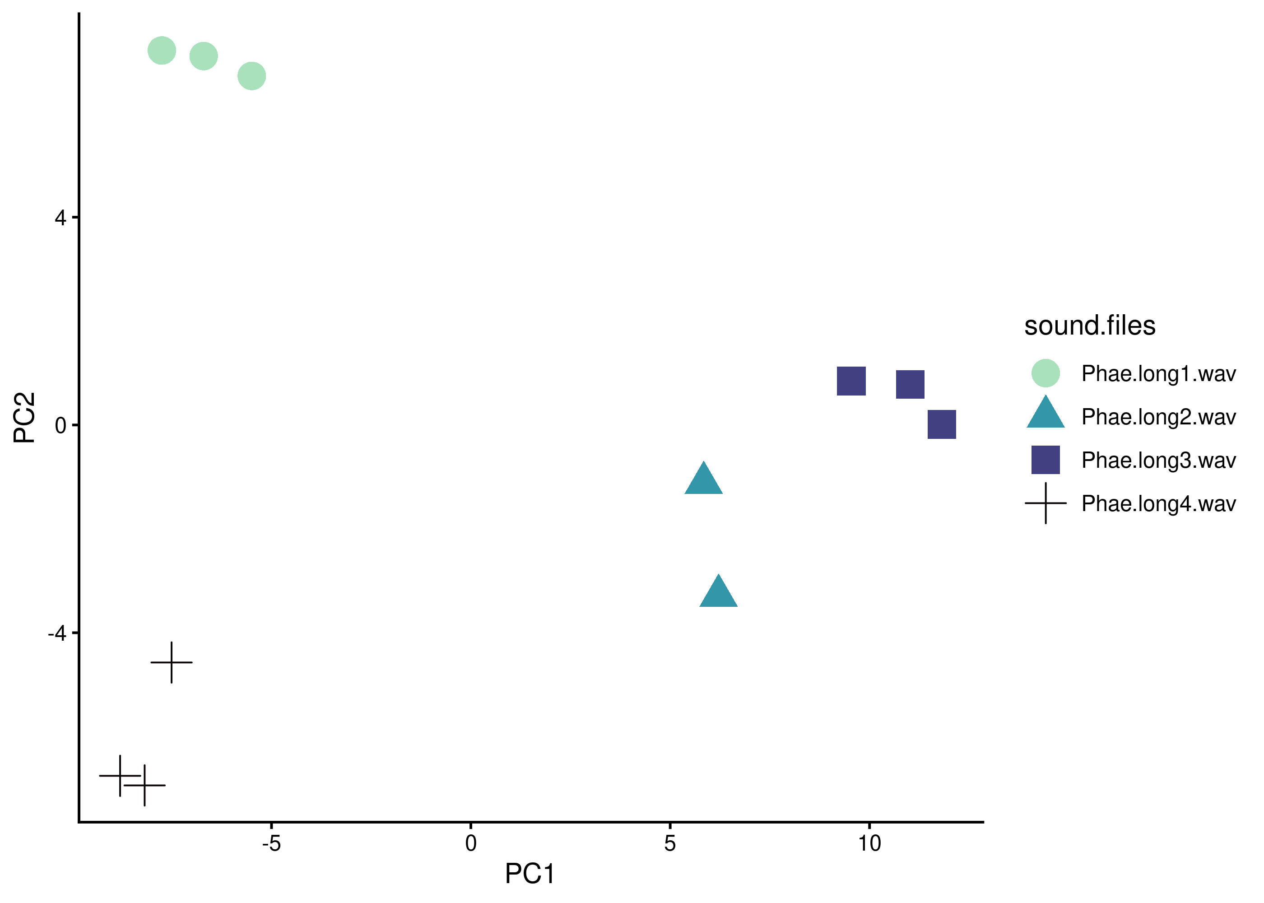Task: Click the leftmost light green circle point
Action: (x=162, y=51)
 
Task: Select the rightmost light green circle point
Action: (x=252, y=75)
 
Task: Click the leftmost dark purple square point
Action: (x=851, y=381)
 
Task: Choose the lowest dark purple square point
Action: (x=942, y=424)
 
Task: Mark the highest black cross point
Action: (x=172, y=662)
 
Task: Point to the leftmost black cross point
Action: (x=120, y=775)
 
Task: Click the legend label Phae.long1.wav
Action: (x=1158, y=374)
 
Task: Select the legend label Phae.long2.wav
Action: (x=1158, y=417)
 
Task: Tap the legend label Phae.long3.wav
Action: (x=1158, y=461)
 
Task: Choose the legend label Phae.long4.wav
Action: (x=1158, y=504)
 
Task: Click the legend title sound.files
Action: (x=1089, y=326)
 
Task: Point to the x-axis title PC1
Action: (x=529, y=874)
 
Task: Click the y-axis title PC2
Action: (x=24, y=417)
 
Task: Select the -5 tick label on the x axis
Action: (x=271, y=843)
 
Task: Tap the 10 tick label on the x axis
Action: (x=869, y=843)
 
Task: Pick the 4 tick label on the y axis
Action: (x=60, y=218)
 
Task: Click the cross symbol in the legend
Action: (x=1045, y=503)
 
